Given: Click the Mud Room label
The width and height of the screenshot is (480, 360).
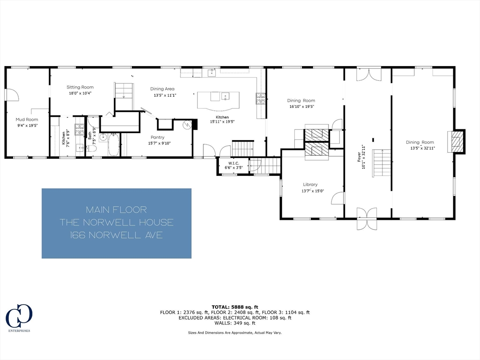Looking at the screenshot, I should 26,120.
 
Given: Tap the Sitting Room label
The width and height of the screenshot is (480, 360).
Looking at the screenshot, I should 80,87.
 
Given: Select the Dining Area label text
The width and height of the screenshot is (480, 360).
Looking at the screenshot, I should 162,89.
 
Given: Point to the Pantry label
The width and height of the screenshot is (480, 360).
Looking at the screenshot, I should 157,137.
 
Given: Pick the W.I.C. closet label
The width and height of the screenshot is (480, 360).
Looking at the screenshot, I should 232,163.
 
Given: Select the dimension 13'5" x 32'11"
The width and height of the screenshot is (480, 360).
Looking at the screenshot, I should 420,148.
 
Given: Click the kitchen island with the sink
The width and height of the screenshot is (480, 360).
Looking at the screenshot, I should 218,98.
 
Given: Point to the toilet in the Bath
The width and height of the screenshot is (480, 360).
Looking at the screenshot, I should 92,148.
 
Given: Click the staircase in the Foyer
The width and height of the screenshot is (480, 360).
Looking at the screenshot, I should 382,163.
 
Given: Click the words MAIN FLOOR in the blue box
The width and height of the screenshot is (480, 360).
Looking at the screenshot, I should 116,210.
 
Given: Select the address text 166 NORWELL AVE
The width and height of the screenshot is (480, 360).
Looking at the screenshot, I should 116,235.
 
